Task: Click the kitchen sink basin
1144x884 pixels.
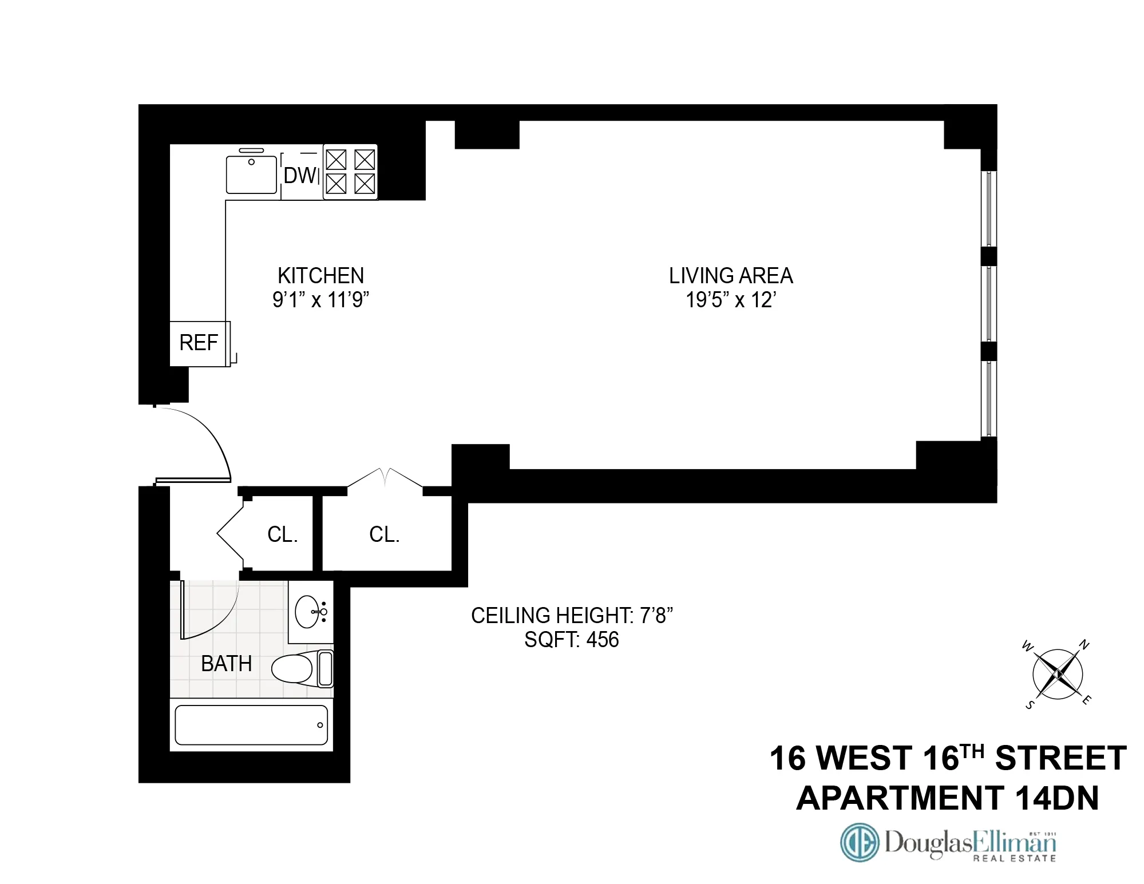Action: [x=252, y=173]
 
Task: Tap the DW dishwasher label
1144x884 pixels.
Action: [x=299, y=176]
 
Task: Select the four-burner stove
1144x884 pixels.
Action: [x=350, y=172]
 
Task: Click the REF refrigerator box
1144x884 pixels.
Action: [x=199, y=343]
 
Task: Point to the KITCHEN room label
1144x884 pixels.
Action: [x=320, y=276]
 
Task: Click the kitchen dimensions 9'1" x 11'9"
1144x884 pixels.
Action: [x=320, y=300]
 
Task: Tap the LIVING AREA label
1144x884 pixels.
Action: [x=731, y=276]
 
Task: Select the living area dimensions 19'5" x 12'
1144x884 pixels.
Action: [x=731, y=300]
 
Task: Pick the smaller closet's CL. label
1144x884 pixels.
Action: [x=283, y=534]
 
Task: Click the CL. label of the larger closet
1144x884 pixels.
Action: [x=384, y=534]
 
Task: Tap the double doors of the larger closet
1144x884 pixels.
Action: [x=385, y=478]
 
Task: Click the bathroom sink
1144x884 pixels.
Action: [x=310, y=612]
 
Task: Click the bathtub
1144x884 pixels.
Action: [x=251, y=725]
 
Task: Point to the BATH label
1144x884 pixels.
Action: [x=227, y=664]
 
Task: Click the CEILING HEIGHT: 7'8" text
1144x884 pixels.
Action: [x=571, y=616]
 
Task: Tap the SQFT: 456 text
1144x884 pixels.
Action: [x=571, y=640]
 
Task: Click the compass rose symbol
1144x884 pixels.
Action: [x=1058, y=674]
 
